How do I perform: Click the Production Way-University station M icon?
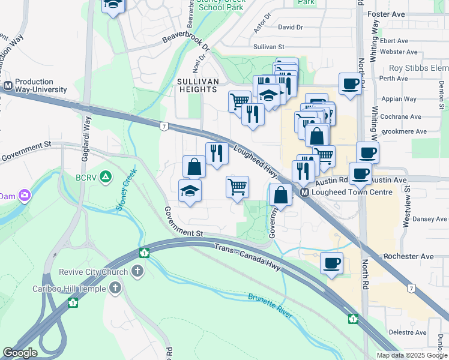[x=8, y=86]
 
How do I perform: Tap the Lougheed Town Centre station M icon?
[x=304, y=193]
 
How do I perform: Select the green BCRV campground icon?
[x=105, y=177]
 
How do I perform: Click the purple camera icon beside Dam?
[x=25, y=196]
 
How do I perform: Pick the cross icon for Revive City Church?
[x=137, y=272]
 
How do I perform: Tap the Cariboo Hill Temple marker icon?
[x=115, y=288]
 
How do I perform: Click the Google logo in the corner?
[x=20, y=353]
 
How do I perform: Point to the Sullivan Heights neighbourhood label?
[x=197, y=85]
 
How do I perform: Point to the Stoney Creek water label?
[x=127, y=189]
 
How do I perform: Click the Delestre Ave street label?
[x=407, y=331]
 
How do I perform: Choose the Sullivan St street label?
[x=268, y=46]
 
